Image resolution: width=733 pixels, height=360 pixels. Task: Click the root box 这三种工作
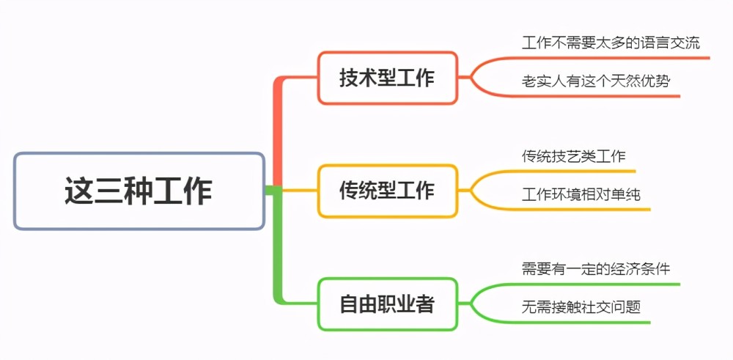[x=139, y=191]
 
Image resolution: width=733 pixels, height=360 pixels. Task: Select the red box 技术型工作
[x=387, y=78]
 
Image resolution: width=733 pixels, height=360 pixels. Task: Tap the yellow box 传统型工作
[x=387, y=191]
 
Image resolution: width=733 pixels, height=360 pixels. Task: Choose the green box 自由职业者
[x=387, y=304]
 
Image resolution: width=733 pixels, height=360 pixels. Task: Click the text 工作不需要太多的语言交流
[x=611, y=43]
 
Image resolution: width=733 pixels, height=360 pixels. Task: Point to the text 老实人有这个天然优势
[x=596, y=81]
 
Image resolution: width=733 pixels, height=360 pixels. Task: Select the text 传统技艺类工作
[x=574, y=155]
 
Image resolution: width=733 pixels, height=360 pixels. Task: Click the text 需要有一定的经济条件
[x=596, y=269]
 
